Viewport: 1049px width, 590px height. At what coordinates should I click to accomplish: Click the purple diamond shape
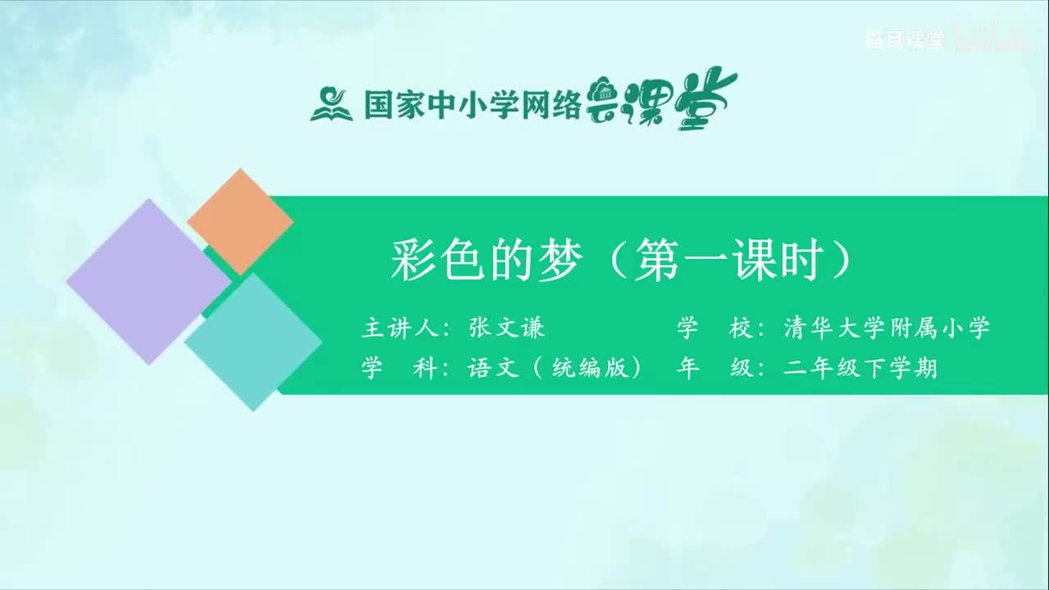tap(148, 281)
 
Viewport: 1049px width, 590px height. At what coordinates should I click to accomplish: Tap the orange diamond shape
tap(240, 221)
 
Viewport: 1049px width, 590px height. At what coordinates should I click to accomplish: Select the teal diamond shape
tap(253, 342)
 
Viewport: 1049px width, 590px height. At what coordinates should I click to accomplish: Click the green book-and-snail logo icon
tap(331, 104)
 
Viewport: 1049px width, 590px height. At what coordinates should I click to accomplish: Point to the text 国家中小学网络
tap(472, 105)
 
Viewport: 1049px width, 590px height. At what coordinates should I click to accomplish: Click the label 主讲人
tap(397, 329)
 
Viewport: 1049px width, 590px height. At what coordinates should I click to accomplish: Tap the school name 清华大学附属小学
tap(886, 329)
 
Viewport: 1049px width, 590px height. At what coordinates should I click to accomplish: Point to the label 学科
tap(397, 369)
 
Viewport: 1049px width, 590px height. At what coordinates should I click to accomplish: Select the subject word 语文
tap(493, 369)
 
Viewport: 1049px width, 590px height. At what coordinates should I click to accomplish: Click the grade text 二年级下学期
tap(860, 369)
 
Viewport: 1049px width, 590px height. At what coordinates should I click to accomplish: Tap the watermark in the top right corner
tap(905, 41)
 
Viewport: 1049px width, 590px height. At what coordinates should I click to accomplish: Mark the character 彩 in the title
tap(412, 261)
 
